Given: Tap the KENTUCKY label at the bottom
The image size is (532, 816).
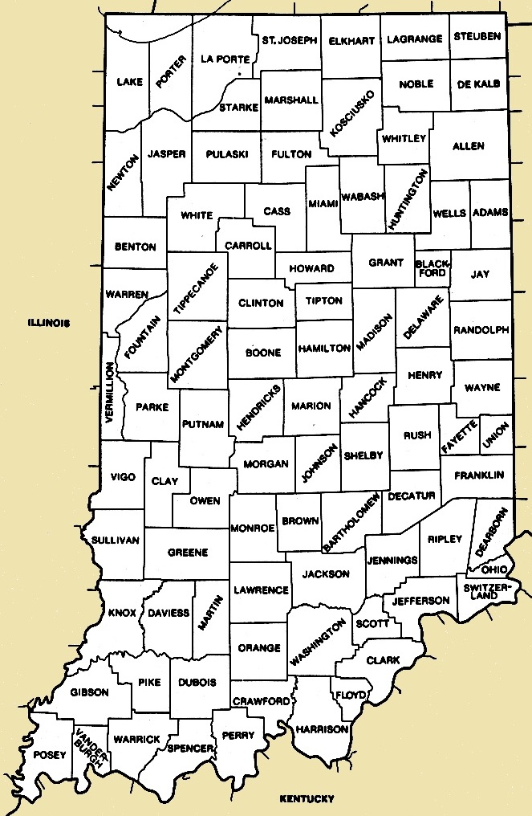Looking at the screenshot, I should pyautogui.click(x=306, y=798).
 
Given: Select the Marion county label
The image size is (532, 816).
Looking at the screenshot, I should pyautogui.click(x=311, y=406).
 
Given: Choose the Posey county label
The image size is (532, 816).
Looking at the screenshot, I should pyautogui.click(x=45, y=756).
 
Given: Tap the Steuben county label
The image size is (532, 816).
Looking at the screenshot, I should pyautogui.click(x=477, y=36).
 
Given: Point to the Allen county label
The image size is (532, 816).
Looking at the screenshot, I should pyautogui.click(x=469, y=146).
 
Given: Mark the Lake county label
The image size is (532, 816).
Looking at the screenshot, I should pyautogui.click(x=128, y=82).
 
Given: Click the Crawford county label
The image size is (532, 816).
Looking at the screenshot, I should pyautogui.click(x=261, y=701).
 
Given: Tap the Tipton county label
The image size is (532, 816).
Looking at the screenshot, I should pyautogui.click(x=323, y=301).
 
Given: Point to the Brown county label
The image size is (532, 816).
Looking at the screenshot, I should pyautogui.click(x=300, y=521).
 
